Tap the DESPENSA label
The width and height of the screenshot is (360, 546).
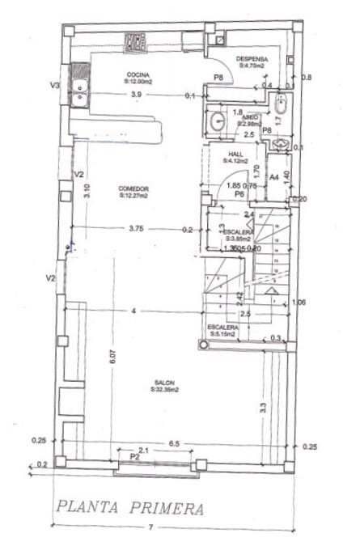click(252, 60)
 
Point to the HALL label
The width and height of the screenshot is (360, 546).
click(236, 153)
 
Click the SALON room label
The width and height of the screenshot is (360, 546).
click(164, 383)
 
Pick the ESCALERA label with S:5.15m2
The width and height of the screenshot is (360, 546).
click(222, 327)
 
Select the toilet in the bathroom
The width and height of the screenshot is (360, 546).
click(281, 105)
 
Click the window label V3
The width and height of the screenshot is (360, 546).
click(55, 84)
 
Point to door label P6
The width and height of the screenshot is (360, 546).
click(239, 194)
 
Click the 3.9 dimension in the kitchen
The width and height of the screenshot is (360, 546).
click(137, 95)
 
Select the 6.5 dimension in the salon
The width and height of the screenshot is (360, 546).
click(175, 444)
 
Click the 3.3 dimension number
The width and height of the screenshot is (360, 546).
click(263, 408)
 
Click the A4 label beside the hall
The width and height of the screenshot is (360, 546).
click(274, 176)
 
